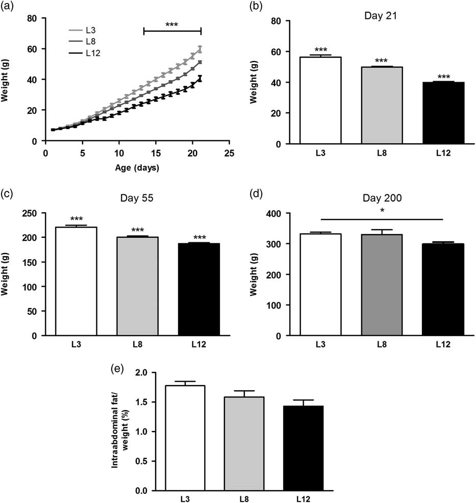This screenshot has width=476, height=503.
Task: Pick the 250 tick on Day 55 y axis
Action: (36, 213)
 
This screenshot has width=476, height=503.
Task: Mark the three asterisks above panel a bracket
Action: (172, 24)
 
